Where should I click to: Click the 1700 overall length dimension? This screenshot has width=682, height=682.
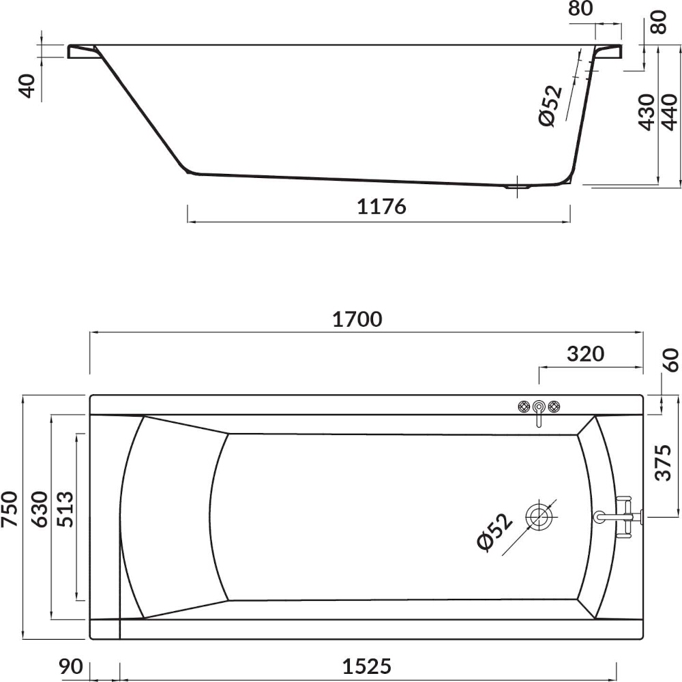357,320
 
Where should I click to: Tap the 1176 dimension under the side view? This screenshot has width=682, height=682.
381,207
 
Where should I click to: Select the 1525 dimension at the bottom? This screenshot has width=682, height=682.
367,666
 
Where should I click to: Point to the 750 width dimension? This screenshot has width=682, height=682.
10,509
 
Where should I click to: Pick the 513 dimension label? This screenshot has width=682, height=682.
65,509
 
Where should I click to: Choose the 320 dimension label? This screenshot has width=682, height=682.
585,354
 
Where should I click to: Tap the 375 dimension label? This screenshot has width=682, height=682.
664,462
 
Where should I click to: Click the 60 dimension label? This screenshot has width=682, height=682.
672,360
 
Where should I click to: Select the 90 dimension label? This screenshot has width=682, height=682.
71,666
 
